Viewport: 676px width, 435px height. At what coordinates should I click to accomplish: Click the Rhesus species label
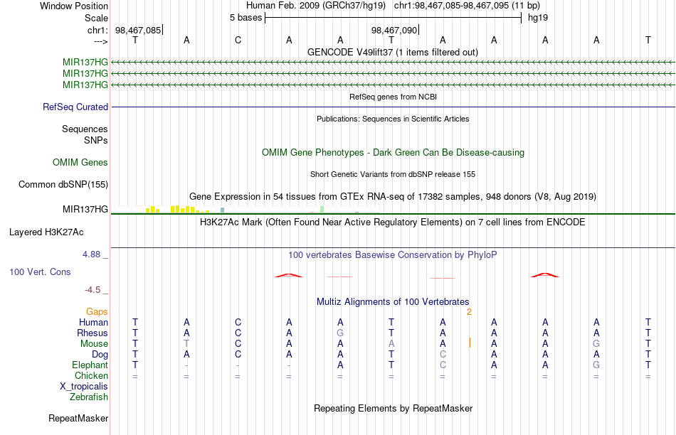(93, 333)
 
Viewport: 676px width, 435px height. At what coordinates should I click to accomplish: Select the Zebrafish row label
(89, 397)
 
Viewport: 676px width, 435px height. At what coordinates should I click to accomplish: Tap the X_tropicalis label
(84, 387)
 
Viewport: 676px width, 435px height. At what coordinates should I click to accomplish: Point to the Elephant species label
(90, 365)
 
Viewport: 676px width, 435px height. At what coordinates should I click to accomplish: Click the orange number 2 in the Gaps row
(469, 312)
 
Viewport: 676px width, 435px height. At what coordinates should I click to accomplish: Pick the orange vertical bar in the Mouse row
(470, 343)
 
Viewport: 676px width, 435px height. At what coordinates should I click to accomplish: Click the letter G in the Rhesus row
(340, 333)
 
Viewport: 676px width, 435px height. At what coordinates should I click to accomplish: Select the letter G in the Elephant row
(596, 365)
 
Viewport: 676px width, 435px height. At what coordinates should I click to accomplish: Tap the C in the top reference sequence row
(238, 40)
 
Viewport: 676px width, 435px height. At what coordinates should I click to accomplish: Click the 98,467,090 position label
(394, 30)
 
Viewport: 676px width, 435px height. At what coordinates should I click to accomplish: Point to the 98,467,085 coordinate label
(138, 30)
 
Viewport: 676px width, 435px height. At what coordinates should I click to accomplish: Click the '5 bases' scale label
(245, 18)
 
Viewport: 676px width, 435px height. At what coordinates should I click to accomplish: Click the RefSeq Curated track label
(75, 107)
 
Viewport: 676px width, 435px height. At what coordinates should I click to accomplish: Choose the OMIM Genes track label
(80, 162)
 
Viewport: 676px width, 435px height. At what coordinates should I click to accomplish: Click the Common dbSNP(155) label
(63, 184)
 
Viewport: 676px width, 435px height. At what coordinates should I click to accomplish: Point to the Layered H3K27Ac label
(46, 232)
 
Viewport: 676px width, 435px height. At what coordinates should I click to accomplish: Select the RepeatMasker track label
(78, 418)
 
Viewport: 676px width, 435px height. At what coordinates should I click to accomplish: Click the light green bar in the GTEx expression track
(322, 209)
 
